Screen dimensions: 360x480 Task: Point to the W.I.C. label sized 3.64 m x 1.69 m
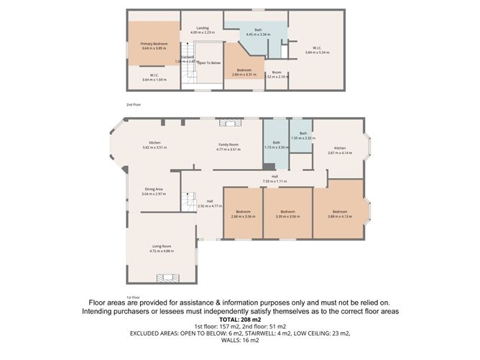154,77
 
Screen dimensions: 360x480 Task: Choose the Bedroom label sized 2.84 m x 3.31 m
244,72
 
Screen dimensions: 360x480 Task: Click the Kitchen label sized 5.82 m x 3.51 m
154,144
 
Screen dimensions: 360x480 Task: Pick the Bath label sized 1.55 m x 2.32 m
303,136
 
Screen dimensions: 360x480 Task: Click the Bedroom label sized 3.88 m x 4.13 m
338,213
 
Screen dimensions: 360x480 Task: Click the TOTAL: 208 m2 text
239,319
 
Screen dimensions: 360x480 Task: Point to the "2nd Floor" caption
134,105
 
